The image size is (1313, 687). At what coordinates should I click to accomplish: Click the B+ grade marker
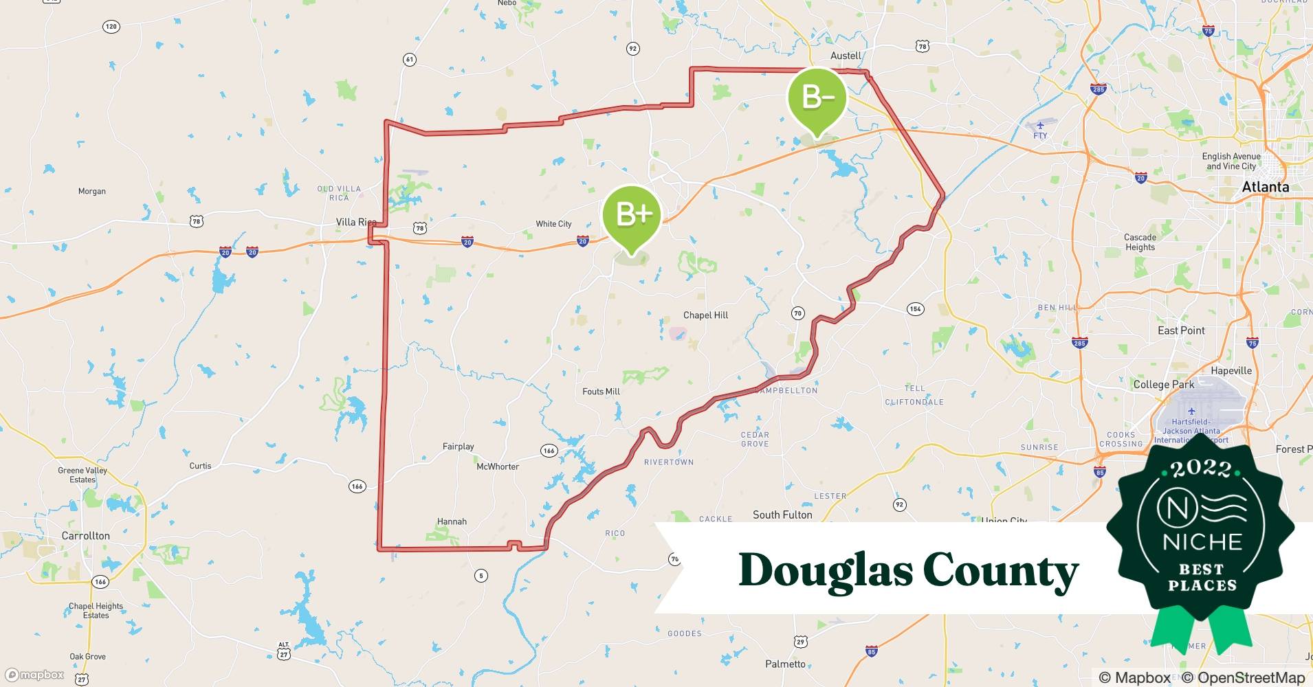632,214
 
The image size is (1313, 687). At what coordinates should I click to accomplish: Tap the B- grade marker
817,98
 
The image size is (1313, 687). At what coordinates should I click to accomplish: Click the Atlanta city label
1266,187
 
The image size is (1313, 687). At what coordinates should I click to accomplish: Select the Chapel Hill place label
705,315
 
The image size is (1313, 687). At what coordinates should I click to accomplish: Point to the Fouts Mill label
601,392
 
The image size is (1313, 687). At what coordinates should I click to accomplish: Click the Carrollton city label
85,536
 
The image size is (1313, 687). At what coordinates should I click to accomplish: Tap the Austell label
846,56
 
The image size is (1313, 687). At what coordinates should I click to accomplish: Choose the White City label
553,224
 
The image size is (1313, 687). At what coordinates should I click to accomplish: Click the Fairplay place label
458,447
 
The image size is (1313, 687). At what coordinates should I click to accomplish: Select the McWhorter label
498,466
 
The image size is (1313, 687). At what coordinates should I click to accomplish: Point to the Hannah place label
452,521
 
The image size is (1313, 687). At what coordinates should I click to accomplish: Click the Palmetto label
785,664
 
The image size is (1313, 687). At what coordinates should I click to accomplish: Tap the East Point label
1181,330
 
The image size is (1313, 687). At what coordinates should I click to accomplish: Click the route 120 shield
111,27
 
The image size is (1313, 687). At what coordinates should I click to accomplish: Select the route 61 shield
410,60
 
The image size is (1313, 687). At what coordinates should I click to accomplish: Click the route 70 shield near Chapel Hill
797,313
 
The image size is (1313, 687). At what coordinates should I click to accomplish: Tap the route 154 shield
915,309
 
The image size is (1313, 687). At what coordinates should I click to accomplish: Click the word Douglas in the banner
824,570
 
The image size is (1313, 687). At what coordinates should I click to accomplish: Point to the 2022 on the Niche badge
1202,469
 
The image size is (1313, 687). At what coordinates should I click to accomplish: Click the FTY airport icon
1040,125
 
